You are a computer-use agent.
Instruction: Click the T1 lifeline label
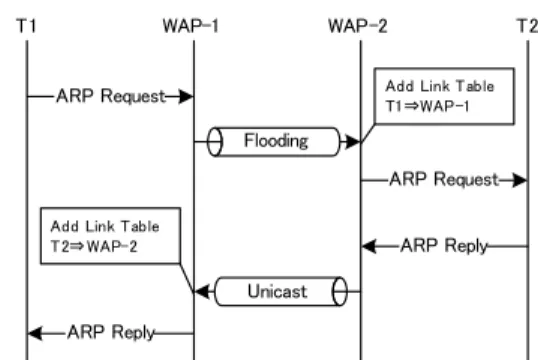26,26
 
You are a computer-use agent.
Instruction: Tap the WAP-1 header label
190,26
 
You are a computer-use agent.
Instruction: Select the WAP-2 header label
358,26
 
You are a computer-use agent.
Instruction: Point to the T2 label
527,26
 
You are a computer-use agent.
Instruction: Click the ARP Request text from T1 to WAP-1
111,96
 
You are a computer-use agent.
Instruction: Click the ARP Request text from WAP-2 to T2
444,179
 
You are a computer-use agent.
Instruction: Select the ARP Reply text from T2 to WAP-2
444,246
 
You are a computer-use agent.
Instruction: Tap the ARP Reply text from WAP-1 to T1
111,332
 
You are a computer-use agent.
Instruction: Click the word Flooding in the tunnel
276,141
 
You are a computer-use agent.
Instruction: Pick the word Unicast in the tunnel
277,291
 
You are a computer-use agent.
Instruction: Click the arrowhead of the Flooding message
353,141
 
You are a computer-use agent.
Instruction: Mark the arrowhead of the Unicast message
202,292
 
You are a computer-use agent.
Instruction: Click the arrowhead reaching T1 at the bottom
35,333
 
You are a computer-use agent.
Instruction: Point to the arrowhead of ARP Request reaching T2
520,180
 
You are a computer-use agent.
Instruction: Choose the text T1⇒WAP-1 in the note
427,106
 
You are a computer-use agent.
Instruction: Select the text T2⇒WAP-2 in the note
94,246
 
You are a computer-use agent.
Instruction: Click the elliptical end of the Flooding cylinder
215,142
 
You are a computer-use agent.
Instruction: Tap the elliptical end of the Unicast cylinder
340,291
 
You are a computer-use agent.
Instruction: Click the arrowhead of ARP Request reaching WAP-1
186,96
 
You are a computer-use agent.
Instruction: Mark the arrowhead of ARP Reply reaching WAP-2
369,246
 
